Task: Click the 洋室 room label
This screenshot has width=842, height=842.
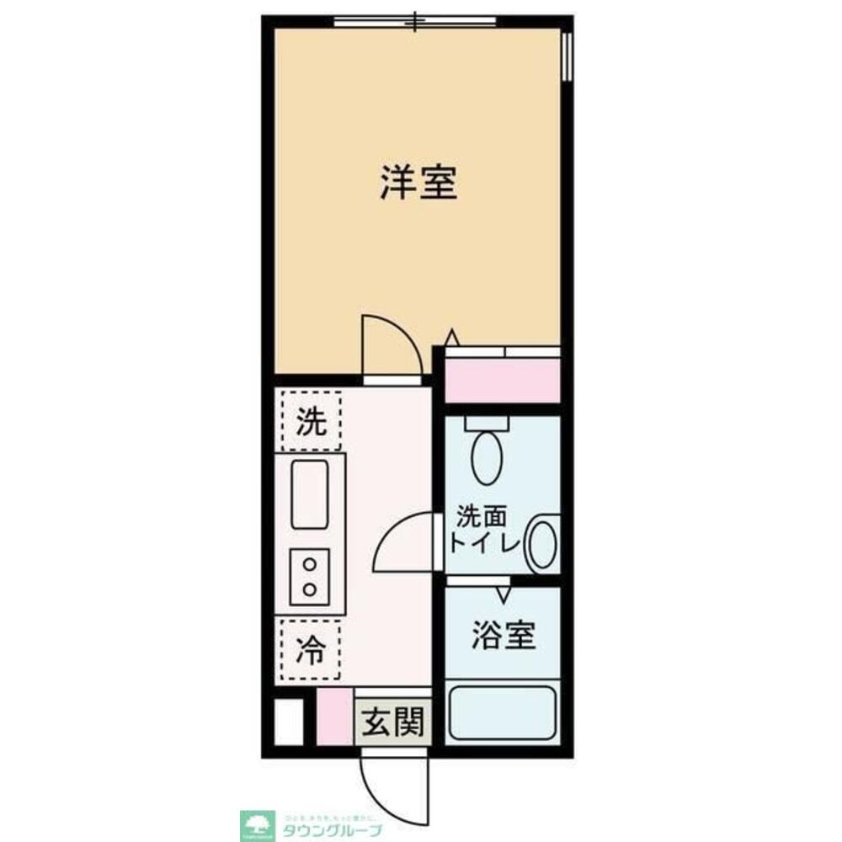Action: click(418, 184)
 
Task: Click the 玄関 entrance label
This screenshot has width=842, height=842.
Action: click(392, 722)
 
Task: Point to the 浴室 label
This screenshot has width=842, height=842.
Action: click(503, 637)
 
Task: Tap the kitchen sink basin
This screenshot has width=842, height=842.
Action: click(309, 495)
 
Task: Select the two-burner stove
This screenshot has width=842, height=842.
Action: click(309, 576)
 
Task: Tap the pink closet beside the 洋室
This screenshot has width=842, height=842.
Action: click(502, 380)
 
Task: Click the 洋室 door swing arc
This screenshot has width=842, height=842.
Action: click(387, 341)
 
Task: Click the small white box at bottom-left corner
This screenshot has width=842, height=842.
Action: click(289, 722)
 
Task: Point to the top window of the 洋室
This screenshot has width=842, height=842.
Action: click(414, 22)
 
